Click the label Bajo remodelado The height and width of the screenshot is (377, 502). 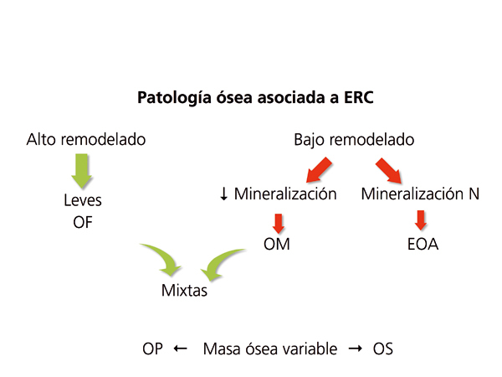point(354,139)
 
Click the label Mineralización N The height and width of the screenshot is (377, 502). point(421,194)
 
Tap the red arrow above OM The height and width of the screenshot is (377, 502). point(279,222)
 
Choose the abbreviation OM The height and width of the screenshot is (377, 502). point(279,246)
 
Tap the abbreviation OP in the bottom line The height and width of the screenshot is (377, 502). point(152,349)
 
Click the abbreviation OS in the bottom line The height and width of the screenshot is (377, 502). point(382,349)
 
